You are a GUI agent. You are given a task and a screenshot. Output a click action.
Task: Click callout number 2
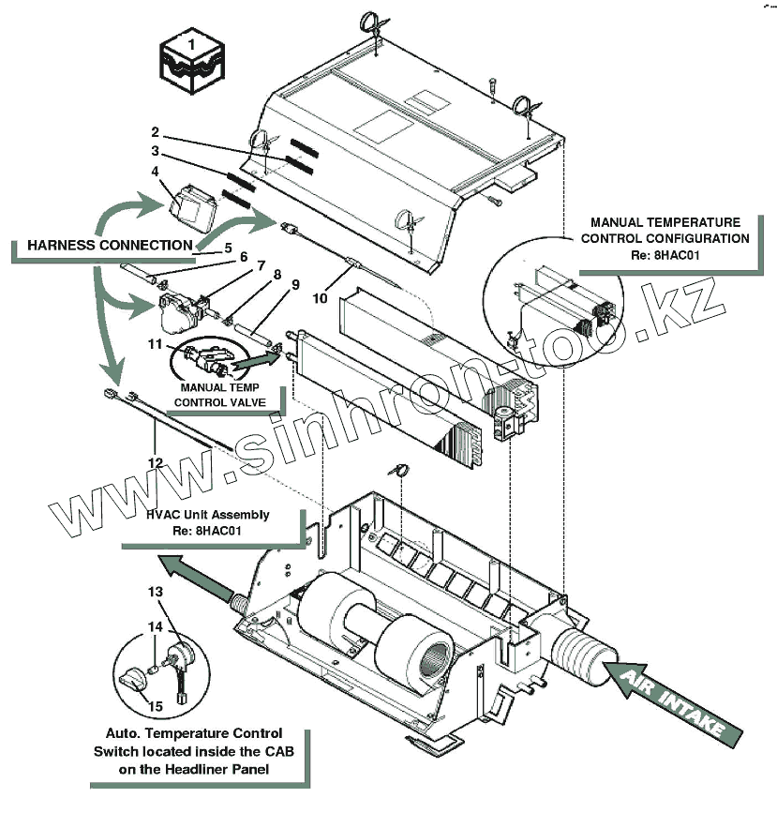(156, 132)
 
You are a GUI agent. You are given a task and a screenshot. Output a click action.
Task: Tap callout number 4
(156, 171)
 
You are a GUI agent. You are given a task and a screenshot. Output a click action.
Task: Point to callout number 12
(155, 462)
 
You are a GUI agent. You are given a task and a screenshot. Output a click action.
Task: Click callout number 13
(155, 592)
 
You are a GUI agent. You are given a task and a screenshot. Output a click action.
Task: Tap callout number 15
(156, 706)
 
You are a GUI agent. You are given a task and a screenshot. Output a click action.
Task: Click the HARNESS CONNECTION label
(111, 245)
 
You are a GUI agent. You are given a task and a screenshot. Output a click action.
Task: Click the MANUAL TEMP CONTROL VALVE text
(217, 394)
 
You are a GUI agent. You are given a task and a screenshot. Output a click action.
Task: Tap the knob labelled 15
(137, 677)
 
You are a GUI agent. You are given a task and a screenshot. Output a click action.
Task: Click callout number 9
(295, 282)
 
